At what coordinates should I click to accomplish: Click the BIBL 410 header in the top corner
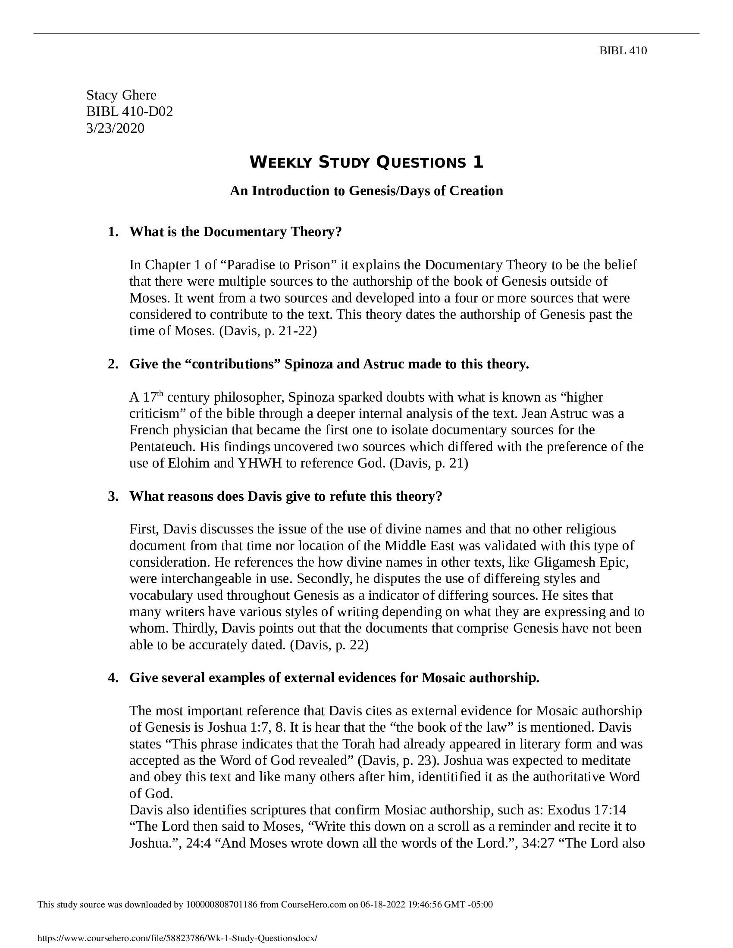(623, 51)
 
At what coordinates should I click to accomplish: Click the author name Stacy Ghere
(121, 95)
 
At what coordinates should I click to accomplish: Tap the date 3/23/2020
(115, 128)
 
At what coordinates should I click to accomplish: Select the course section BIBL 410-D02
(129, 112)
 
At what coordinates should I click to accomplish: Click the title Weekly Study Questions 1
(366, 162)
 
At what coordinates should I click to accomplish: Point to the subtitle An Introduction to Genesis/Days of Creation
(366, 190)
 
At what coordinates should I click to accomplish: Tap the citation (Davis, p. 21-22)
(268, 331)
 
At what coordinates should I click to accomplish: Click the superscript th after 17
(160, 394)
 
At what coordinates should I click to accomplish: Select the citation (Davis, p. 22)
(329, 645)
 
